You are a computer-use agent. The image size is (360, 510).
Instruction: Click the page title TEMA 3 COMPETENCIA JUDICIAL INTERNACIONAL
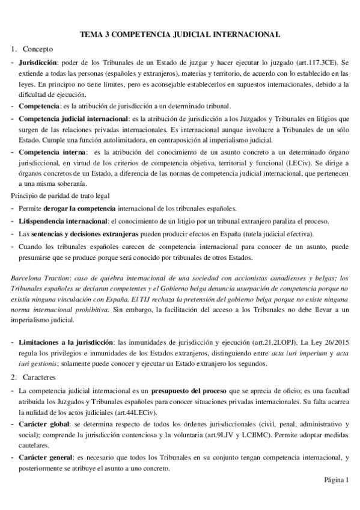tap(180, 35)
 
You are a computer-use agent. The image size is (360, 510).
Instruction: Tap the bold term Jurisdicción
tap(38, 62)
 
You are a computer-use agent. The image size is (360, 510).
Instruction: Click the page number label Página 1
tap(336, 479)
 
